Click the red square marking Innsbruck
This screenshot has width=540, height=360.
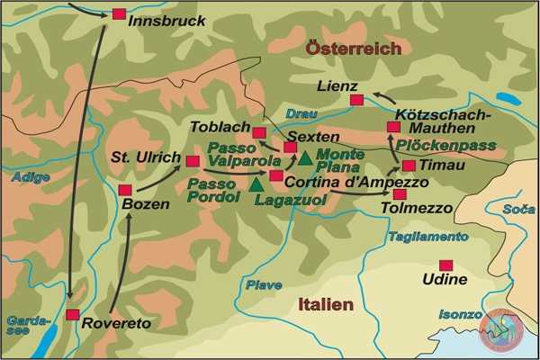(x=119, y=14)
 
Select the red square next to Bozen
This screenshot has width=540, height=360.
(x=125, y=190)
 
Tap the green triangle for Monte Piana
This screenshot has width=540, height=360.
(x=305, y=159)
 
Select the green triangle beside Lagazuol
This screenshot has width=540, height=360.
(x=257, y=184)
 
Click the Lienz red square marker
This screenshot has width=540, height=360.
(x=356, y=100)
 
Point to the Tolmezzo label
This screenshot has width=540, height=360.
(x=419, y=209)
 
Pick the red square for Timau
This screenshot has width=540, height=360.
(x=409, y=166)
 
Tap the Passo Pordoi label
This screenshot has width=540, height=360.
(x=214, y=190)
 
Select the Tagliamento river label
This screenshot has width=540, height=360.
(x=428, y=237)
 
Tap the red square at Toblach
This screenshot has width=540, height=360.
(x=260, y=133)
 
